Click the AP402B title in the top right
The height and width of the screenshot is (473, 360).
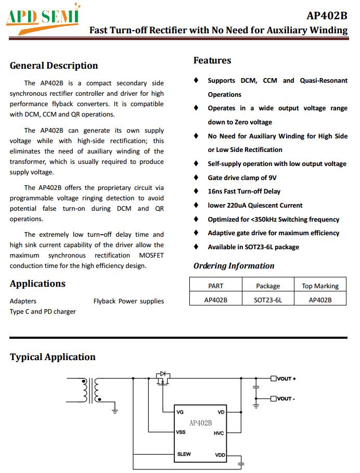click(x=327, y=15)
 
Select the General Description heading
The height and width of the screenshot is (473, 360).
click(x=54, y=66)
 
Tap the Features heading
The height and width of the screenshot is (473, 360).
click(x=212, y=60)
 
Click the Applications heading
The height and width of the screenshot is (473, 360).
click(x=37, y=284)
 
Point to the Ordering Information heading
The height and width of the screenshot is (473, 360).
click(x=234, y=266)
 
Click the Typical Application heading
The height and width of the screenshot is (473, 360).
click(x=53, y=357)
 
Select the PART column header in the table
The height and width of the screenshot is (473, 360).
click(x=215, y=286)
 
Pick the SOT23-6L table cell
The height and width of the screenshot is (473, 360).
click(x=268, y=300)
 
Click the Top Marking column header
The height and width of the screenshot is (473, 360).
click(x=320, y=286)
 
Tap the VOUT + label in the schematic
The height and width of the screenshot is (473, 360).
click(x=286, y=378)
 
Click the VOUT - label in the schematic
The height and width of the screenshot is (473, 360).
click(x=286, y=399)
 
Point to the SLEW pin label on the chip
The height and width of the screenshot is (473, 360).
click(x=184, y=454)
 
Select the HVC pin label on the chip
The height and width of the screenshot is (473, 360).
click(x=218, y=433)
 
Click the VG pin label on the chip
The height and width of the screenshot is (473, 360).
click(x=180, y=412)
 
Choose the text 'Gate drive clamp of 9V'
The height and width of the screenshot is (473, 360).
click(x=242, y=177)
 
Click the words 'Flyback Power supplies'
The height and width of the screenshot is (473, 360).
click(x=128, y=301)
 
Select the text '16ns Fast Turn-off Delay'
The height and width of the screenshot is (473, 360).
click(x=244, y=191)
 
